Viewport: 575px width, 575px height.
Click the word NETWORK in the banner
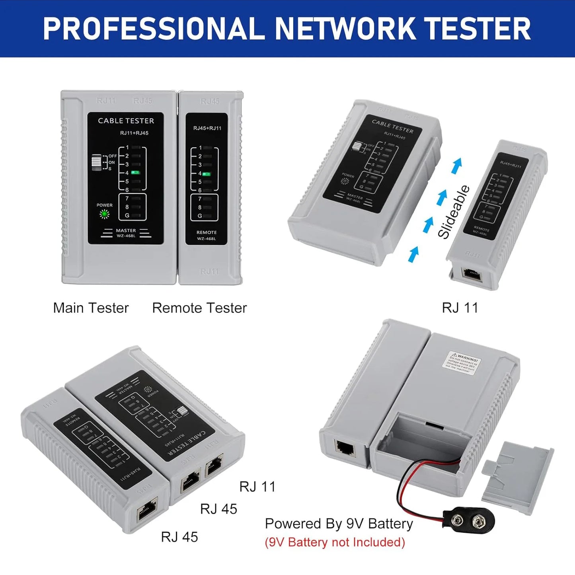345,29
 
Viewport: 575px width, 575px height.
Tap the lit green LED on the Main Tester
135,173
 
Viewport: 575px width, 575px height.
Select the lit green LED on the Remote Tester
207,174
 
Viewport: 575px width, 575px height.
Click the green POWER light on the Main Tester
104,214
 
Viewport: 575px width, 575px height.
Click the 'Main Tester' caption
91,308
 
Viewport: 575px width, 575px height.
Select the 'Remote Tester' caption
199,308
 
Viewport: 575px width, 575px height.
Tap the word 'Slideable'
454,212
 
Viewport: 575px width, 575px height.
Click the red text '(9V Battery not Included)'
335,542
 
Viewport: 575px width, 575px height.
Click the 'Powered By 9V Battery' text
339,523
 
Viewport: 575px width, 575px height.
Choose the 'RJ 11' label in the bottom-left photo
257,486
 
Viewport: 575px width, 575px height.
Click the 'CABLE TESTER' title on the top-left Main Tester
126,121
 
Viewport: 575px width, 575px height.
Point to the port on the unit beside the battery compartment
346,448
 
